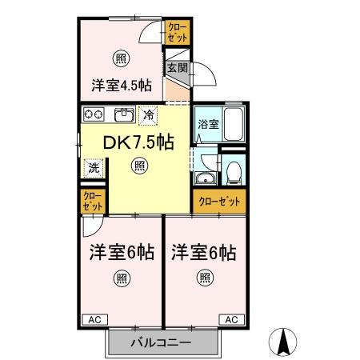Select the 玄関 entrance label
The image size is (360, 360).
(176, 69)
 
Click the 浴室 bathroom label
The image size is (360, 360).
(207, 124)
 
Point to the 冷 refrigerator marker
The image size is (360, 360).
(148, 115)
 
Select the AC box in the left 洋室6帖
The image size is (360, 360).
(93, 319)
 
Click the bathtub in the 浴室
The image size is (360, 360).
(233, 123)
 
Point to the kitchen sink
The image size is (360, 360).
(124, 114)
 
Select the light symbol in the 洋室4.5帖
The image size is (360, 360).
(120, 58)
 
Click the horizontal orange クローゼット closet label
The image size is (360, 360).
(218, 202)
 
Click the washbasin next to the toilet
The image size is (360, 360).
(206, 178)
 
